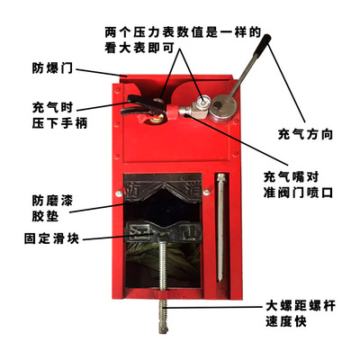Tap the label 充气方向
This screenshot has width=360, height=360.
tap(306, 136)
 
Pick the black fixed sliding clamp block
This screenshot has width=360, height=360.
tap(166, 231)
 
